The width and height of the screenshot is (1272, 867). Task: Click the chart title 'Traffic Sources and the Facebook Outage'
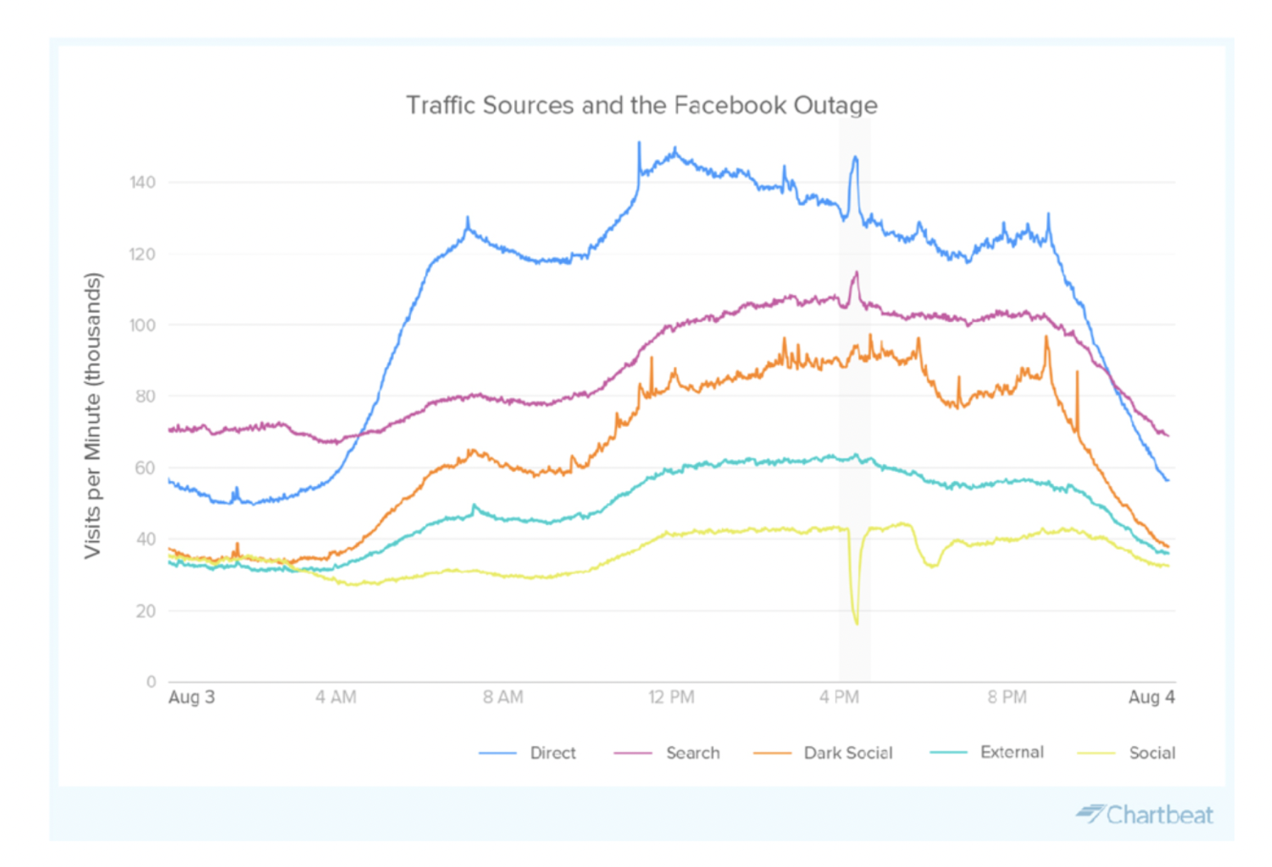(x=642, y=105)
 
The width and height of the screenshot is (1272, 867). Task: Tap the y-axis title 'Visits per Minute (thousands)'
(x=93, y=416)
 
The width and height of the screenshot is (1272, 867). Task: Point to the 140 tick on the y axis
(x=143, y=182)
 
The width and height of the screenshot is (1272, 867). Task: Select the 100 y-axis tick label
(x=143, y=325)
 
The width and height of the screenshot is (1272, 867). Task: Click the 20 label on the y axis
(x=146, y=611)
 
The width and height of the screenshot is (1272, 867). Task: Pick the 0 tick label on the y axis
(x=151, y=682)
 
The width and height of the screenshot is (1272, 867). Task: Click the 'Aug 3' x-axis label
(x=192, y=697)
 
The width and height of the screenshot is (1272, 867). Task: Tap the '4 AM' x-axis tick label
(x=336, y=697)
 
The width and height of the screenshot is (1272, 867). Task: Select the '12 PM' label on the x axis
(x=671, y=697)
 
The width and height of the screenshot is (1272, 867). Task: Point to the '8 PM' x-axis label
(x=1007, y=697)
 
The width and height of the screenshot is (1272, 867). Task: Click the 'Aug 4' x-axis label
(x=1151, y=697)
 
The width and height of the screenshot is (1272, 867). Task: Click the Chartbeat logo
(x=1145, y=814)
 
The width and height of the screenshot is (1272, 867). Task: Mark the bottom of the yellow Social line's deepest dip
(x=857, y=624)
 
